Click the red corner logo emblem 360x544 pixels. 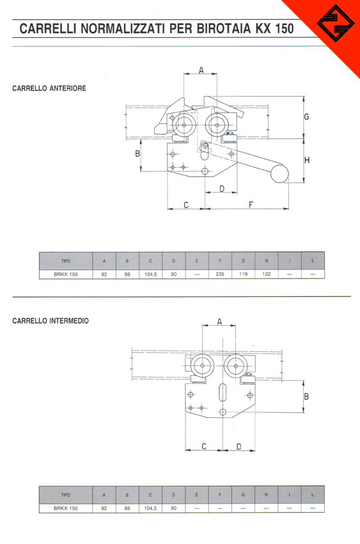tap(336, 24)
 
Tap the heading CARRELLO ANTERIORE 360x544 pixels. tap(49, 88)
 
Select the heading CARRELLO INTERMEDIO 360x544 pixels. tap(51, 321)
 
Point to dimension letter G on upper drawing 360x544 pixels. tap(306, 117)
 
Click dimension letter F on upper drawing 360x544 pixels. tap(251, 205)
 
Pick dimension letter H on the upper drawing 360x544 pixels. tap(307, 160)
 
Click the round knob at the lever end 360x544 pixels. tap(279, 174)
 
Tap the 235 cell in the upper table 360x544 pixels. tap(220, 274)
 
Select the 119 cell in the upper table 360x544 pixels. tap(243, 274)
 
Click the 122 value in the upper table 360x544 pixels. tap(267, 274)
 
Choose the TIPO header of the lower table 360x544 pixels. tap(66, 495)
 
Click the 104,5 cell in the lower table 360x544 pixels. tap(150, 508)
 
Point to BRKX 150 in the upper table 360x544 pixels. tap(66, 274)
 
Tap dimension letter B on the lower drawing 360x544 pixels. tap(306, 396)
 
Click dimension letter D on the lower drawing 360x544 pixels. tap(239, 447)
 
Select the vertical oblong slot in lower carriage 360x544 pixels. tap(223, 392)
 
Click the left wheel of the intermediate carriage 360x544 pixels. tap(203, 366)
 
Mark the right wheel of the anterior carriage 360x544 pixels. tap(217, 125)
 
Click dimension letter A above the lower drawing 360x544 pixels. tap(219, 322)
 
